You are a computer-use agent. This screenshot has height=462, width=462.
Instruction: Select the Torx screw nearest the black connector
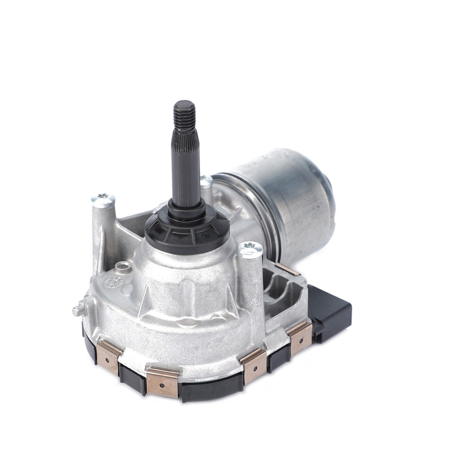click(249, 249)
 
